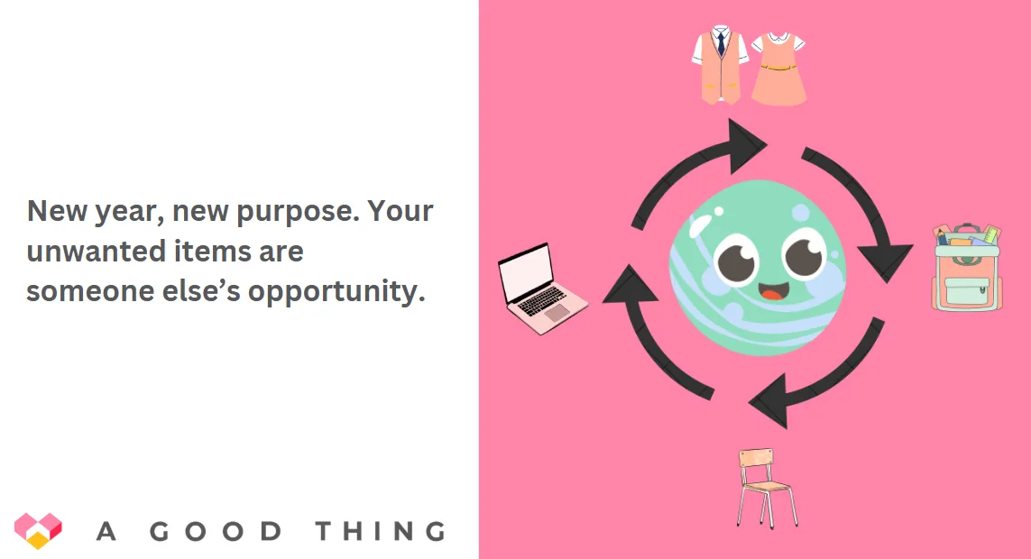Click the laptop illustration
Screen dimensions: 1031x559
point(542,289)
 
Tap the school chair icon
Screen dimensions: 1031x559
point(767,488)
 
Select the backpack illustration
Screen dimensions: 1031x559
point(967,268)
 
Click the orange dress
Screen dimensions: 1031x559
point(778,69)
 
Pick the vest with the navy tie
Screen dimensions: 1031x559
point(721,64)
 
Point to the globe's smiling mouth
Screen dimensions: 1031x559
point(773,290)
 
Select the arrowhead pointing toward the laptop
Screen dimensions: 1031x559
point(630,286)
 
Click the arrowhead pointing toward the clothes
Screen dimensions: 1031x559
point(746,146)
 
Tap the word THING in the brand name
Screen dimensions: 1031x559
point(381,531)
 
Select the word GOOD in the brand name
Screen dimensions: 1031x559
point(216,531)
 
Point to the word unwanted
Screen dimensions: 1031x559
point(96,251)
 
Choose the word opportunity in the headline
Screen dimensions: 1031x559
point(336,291)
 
